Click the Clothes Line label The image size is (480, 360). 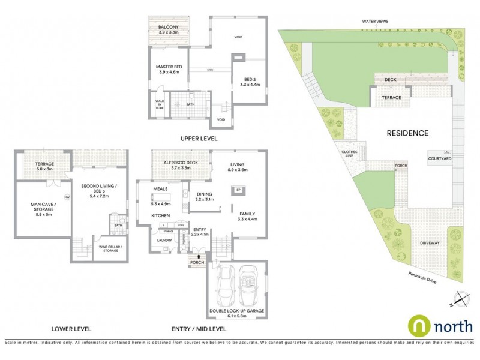pyautogui.click(x=350, y=154)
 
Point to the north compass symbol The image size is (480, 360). pyautogui.click(x=460, y=297)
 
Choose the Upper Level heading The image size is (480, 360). pyautogui.click(x=199, y=139)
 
